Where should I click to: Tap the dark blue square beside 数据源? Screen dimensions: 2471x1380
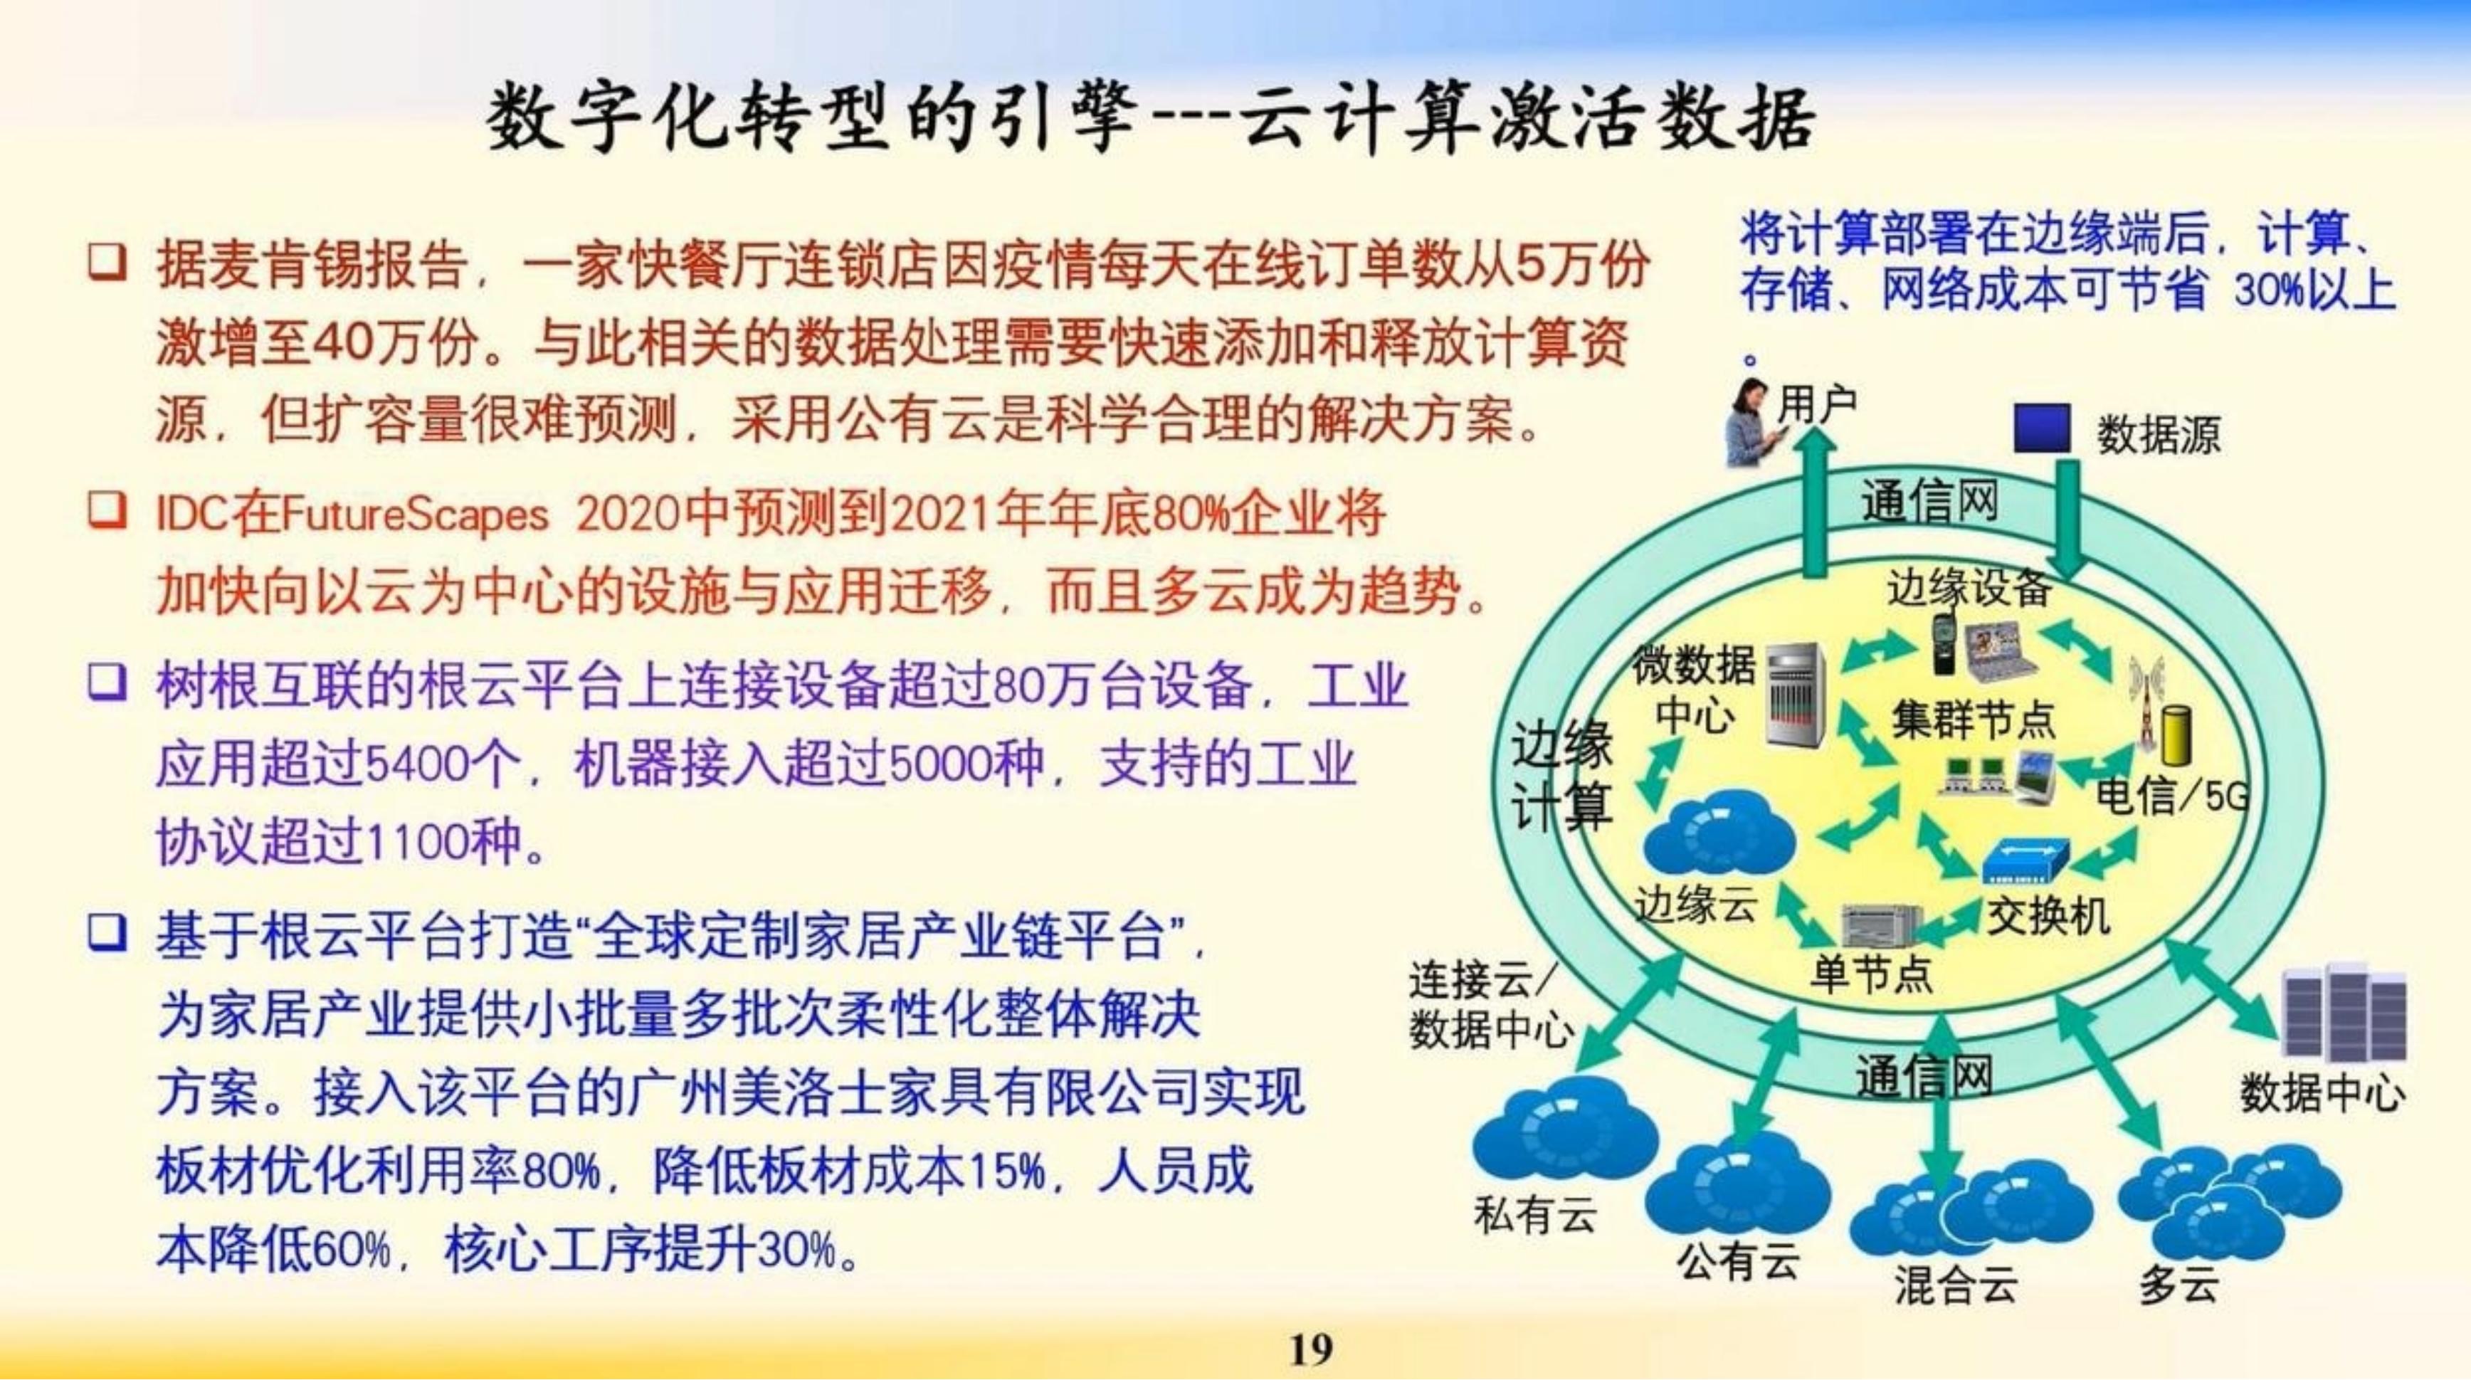pos(2041,428)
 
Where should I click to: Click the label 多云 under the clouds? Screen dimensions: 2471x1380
pos(2178,1284)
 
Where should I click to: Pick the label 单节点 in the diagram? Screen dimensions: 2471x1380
pos(1870,974)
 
